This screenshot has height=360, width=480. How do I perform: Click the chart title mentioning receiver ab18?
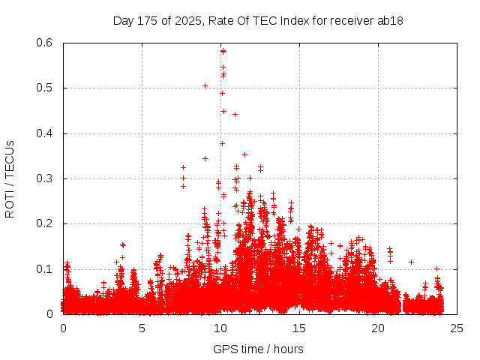point(258,20)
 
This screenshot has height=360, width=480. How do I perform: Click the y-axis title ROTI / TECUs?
point(10,178)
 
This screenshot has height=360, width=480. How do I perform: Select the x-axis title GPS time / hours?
point(258,349)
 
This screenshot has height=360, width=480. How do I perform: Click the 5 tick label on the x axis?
point(142,328)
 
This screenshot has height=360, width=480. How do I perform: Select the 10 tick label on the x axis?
point(220,328)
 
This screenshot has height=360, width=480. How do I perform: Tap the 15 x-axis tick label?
point(299,328)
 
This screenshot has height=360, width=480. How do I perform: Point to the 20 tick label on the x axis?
point(378,328)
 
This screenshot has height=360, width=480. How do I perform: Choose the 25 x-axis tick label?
point(457,328)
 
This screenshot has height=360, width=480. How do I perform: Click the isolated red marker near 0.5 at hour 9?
point(205,85)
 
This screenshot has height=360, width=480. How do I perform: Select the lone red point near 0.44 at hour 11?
point(235,114)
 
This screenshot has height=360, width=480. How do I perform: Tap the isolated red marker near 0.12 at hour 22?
point(411,262)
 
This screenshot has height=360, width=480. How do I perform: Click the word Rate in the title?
point(227,20)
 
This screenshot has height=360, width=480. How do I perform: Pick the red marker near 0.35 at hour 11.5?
point(244,155)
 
